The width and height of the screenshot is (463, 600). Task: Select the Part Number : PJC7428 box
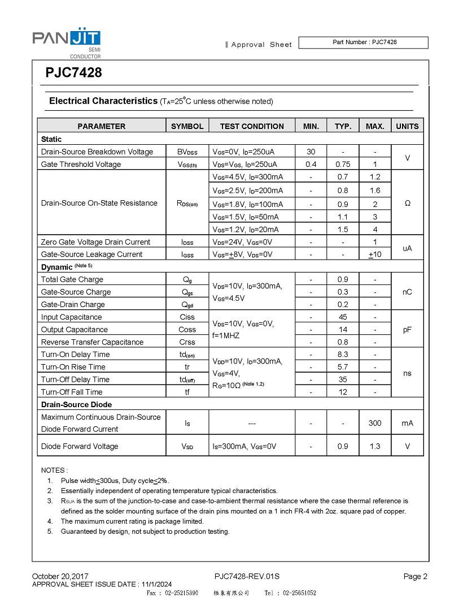tap(363, 42)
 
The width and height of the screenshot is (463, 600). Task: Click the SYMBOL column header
tap(187, 126)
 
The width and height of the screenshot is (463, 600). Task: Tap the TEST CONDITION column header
tap(252, 126)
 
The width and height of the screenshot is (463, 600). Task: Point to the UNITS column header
tap(407, 126)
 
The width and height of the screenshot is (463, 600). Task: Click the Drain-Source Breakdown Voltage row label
tap(97, 152)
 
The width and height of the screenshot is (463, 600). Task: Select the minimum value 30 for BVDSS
tap(311, 152)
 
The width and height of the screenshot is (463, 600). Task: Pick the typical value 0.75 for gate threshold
tap(343, 164)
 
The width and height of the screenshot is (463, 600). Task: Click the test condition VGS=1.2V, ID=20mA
tap(245, 229)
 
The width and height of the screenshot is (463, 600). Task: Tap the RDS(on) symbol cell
tap(187, 203)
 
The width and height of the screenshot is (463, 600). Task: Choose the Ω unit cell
tap(407, 203)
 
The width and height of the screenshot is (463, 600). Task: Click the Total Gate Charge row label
tap(72, 279)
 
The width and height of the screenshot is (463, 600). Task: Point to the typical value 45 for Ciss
tap(343, 317)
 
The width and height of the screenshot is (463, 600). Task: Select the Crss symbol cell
tap(187, 342)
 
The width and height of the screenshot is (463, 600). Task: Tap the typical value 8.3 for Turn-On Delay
tap(343, 354)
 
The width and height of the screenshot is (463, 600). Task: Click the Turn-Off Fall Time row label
tap(72, 391)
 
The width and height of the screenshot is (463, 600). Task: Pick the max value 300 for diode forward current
tap(375, 422)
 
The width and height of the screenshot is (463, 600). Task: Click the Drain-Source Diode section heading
tap(76, 404)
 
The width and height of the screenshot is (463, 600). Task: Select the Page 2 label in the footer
tap(416, 576)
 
